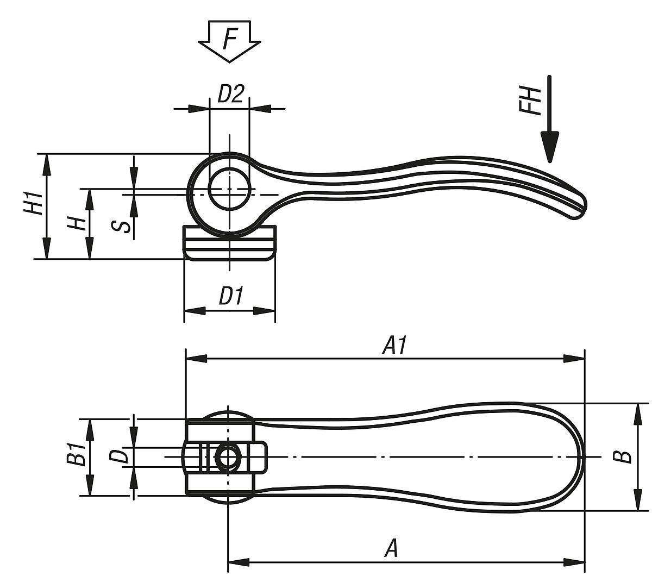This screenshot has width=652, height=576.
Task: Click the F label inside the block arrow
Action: coord(230,39)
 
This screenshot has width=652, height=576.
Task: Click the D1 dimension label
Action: coord(230,297)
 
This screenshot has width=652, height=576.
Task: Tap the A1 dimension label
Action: coord(395,346)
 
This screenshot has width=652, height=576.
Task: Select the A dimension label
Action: coord(391,548)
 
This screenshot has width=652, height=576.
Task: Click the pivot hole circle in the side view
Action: coord(229,189)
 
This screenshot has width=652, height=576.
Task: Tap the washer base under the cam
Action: coord(229,244)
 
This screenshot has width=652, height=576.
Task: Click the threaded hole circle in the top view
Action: coord(227,457)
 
